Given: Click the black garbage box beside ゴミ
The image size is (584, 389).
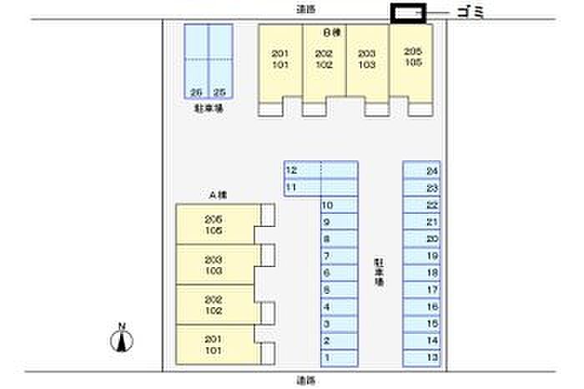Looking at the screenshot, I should coord(409,13).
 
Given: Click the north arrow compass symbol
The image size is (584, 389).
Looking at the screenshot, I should coord(122,337).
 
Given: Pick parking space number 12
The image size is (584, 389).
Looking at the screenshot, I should coord(302,169).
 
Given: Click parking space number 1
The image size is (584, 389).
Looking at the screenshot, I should coord(339,358).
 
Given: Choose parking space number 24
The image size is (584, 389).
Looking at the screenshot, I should coord(422,170).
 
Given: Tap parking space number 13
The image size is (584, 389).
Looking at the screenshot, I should coord(422,358).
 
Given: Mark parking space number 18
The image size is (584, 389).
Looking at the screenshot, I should coord(422,272).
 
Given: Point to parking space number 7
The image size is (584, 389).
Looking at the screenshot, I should coord(339,255).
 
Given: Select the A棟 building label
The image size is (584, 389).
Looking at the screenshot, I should coord(219,194).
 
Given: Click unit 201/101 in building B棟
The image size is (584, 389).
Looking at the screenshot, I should coord(280,58).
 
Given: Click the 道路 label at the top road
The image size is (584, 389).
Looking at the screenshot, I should coord(306,8).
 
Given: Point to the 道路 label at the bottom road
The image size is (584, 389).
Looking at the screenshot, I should coord(306,380).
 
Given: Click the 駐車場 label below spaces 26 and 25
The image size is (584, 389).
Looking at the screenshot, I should coord(208,109).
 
